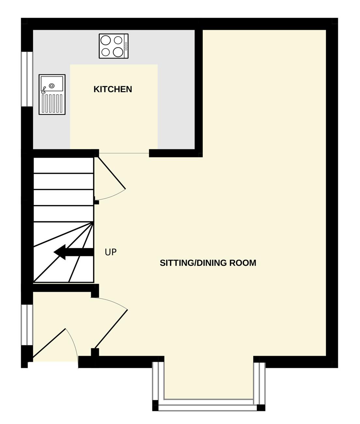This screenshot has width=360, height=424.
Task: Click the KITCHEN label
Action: tap(112, 89)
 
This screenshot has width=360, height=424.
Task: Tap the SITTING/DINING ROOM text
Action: tap(208, 263)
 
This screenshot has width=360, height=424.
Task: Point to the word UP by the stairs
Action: tap(111, 252)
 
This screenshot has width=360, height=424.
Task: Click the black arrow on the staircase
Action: tap(74, 252)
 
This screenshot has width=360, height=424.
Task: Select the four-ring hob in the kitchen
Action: tap(113, 46)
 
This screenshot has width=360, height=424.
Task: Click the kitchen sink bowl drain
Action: tap(52, 86)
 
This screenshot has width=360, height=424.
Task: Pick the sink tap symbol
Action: tap(43, 90)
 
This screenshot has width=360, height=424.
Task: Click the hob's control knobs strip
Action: tap(126, 46)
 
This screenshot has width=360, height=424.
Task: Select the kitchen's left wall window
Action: tap(27, 79)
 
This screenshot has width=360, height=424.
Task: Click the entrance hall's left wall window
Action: tap(27, 325)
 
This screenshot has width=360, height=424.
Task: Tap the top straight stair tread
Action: tap(63, 165)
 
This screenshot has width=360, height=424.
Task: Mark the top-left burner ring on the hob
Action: tap(106, 40)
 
